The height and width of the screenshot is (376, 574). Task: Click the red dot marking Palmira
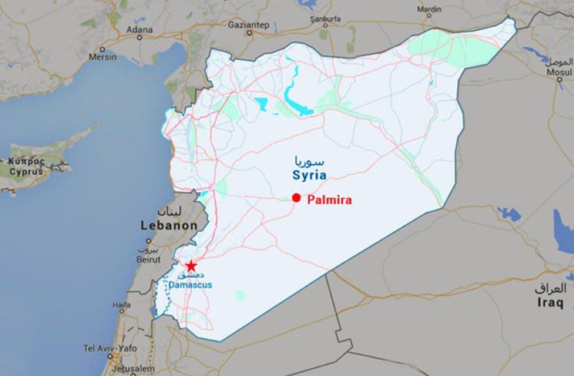pyautogui.click(x=296, y=198)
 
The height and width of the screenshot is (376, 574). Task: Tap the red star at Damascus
pyautogui.click(x=191, y=266)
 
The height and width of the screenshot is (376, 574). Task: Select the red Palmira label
pyautogui.click(x=330, y=200)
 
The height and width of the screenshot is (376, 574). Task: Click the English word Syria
pyautogui.click(x=309, y=175)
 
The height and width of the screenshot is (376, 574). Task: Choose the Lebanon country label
pyautogui.click(x=169, y=226)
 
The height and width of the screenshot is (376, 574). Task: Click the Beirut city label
pyautogui.click(x=148, y=260)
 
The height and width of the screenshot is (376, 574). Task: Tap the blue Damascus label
pyautogui.click(x=191, y=285)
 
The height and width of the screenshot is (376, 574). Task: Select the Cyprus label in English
pyautogui.click(x=26, y=171)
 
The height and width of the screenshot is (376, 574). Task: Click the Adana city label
pyautogui.click(x=139, y=30)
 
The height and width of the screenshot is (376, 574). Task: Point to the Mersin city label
pyautogui.click(x=102, y=57)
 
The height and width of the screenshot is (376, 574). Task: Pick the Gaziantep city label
pyautogui.click(x=248, y=25)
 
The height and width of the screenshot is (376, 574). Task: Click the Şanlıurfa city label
pyautogui.click(x=326, y=19)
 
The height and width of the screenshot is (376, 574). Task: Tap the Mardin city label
pyautogui.click(x=429, y=9)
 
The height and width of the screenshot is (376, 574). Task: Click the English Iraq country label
pyautogui.click(x=550, y=303)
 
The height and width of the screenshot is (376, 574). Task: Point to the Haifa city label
pyautogui.click(x=122, y=305)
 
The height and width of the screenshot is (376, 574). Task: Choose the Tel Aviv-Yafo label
pyautogui.click(x=110, y=348)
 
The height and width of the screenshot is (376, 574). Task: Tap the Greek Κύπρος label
pyautogui.click(x=27, y=161)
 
